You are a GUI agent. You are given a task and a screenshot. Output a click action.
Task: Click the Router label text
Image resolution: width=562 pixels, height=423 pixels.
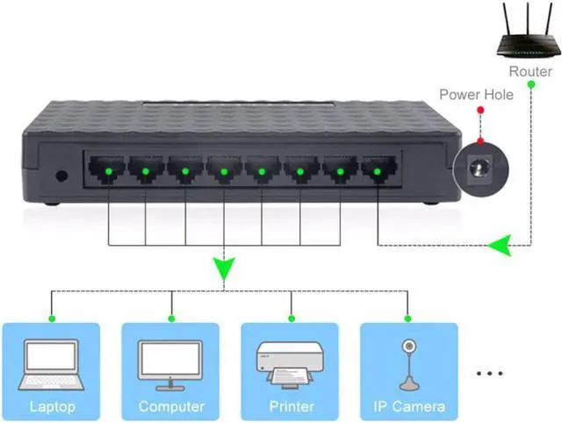(x=530, y=70)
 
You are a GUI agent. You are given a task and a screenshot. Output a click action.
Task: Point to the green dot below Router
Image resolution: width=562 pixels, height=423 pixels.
(x=530, y=85)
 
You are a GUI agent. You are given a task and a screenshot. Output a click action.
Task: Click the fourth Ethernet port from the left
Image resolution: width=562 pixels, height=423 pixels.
(x=224, y=168)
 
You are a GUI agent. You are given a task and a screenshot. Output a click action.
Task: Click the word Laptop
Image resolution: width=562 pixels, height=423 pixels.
(x=52, y=406)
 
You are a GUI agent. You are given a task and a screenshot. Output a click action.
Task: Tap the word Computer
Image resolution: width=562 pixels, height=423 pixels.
(x=171, y=406)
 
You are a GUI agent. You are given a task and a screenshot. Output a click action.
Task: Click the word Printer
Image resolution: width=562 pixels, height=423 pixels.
(x=291, y=406)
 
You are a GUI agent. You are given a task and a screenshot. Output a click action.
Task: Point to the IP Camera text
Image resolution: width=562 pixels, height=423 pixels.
(x=409, y=406)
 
